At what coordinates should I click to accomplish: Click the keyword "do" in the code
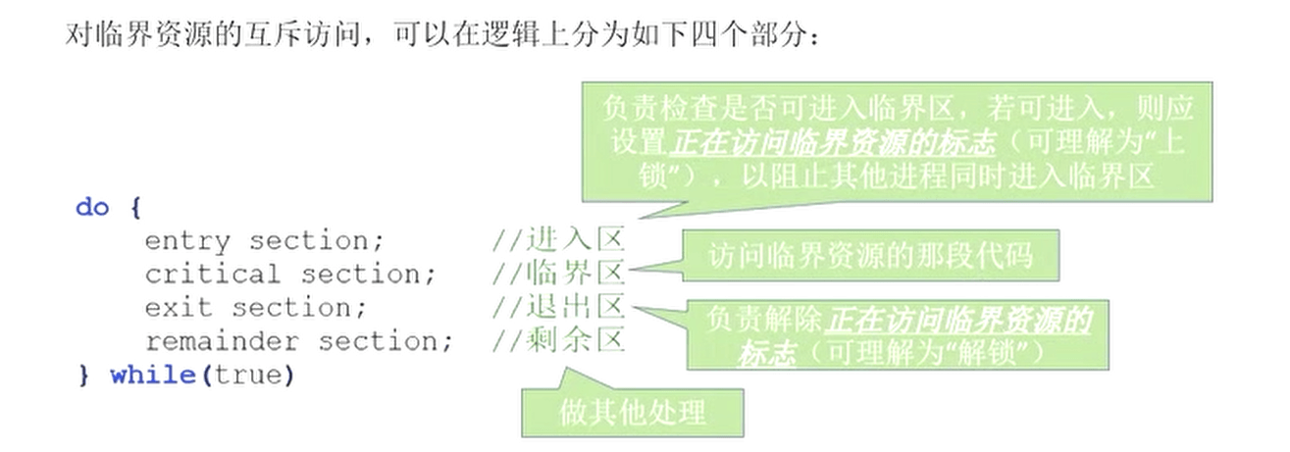pos(92,208)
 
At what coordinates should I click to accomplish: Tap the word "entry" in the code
pos(186,241)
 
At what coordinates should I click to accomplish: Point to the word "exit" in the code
pos(178,308)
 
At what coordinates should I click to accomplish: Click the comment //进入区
pos(558,240)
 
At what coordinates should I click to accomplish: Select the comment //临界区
pos(558,274)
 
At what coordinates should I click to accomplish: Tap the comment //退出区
pos(558,307)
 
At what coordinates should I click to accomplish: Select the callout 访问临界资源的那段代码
pos(870,256)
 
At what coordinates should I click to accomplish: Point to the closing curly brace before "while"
pos(83,376)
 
